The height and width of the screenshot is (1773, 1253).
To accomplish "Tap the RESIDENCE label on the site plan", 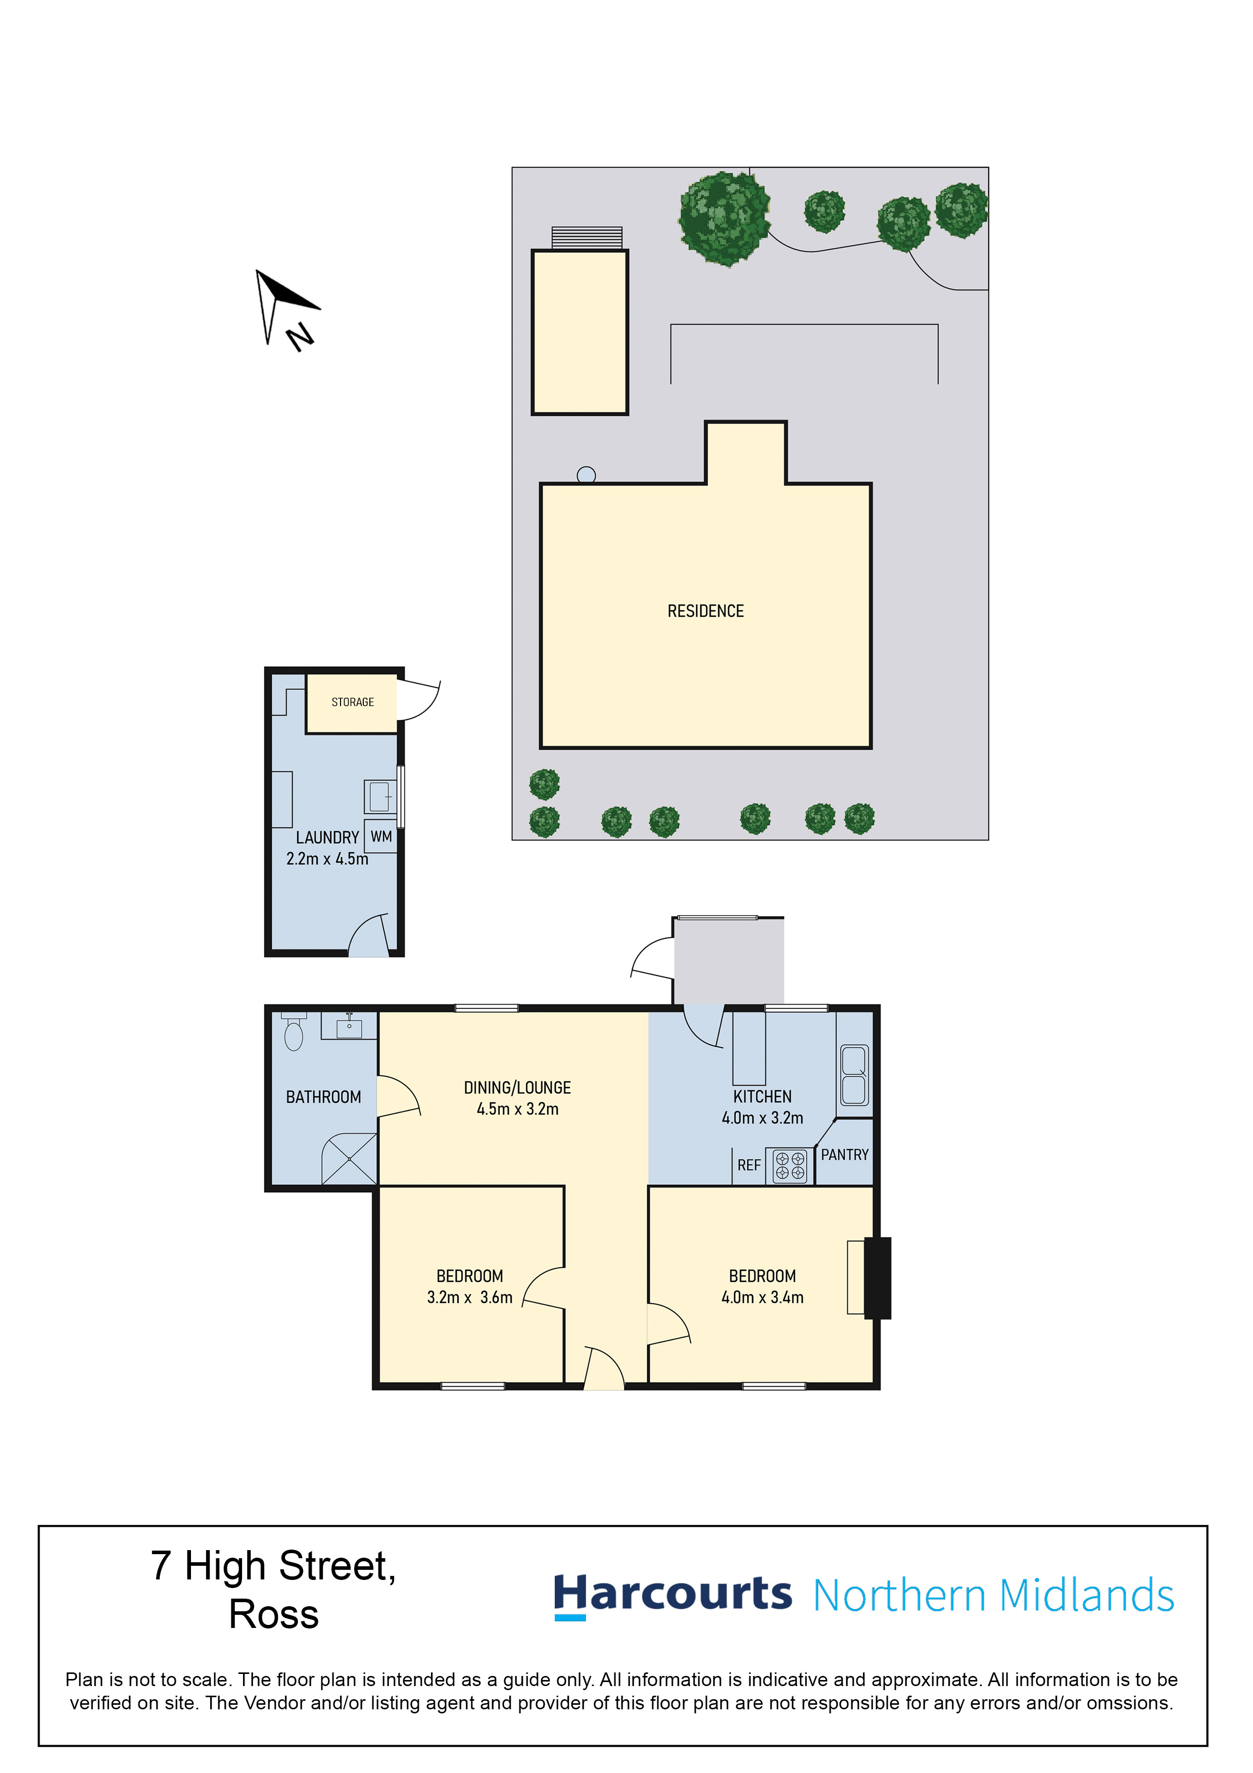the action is click(x=706, y=612).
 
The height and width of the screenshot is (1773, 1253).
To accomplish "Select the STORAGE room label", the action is click(x=353, y=702).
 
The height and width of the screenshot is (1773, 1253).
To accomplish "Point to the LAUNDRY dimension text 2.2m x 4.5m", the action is click(x=327, y=859).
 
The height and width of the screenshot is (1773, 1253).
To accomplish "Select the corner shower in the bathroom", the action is click(x=349, y=1159).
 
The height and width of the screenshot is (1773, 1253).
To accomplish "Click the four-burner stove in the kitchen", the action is click(x=790, y=1166).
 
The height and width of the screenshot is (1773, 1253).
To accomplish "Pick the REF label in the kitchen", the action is click(x=749, y=1165).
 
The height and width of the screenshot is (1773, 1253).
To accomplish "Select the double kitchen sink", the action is click(x=854, y=1076).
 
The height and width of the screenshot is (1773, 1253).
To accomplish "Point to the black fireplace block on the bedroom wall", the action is click(x=877, y=1278).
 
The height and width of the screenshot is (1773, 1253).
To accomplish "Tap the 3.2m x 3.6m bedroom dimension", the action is click(x=469, y=1297).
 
